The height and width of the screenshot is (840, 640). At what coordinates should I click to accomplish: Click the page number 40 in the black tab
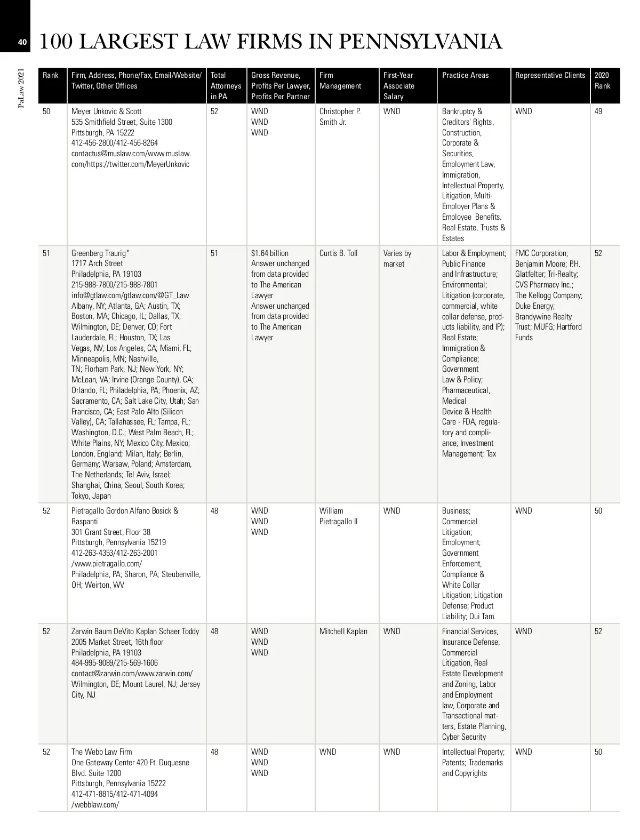tap(22, 42)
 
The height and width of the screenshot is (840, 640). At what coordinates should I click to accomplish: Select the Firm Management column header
tap(340, 81)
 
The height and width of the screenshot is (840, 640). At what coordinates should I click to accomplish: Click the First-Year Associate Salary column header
tap(398, 86)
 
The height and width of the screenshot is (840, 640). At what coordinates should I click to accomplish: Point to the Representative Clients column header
tap(550, 75)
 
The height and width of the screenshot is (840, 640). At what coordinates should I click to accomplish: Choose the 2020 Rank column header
tap(602, 81)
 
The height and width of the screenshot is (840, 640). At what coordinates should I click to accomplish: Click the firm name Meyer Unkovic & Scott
tap(107, 111)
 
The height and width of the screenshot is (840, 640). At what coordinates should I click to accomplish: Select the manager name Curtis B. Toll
tap(338, 253)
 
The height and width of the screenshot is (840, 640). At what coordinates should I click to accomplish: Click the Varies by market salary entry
tap(397, 259)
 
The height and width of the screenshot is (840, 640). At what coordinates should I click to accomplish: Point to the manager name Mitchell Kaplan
tap(343, 631)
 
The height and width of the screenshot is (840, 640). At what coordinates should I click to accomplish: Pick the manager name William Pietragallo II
tap(339, 516)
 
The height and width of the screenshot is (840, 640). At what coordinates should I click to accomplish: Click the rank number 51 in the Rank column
tap(46, 253)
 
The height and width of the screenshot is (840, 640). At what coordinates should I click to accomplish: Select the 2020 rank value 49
tap(598, 111)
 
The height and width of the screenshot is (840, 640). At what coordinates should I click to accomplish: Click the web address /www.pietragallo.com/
tap(107, 564)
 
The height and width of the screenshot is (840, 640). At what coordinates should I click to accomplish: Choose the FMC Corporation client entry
tap(541, 253)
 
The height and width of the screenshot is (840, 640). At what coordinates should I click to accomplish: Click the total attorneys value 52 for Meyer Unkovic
tap(214, 111)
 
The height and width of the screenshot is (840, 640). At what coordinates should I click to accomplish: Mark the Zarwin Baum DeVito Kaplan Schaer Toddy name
tap(135, 631)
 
